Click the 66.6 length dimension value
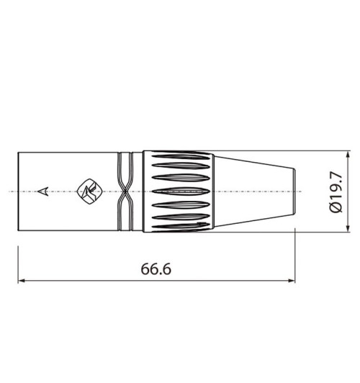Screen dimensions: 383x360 156,269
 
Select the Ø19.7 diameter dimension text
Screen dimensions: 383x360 334,191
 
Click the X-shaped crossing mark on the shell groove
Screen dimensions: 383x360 125,191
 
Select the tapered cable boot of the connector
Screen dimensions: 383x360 252,191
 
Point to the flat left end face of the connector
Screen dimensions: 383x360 19,191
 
